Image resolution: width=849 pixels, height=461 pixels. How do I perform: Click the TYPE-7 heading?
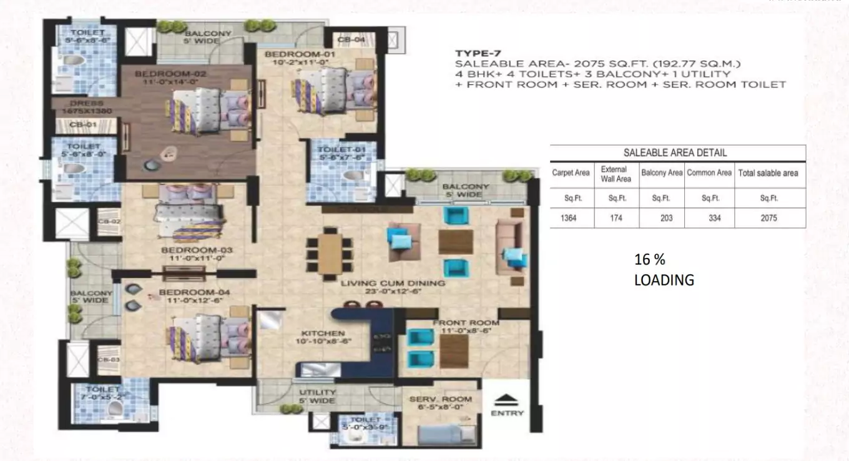[478, 54]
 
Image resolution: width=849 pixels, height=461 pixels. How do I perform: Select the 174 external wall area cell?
[616, 218]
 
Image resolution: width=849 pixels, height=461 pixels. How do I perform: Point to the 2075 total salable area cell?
[768, 218]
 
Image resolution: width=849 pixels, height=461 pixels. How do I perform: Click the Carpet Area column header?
[571, 173]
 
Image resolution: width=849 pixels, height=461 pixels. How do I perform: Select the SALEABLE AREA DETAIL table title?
[675, 152]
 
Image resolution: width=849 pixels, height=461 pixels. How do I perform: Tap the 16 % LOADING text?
[664, 270]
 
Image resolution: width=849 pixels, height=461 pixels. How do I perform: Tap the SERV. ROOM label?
[440, 399]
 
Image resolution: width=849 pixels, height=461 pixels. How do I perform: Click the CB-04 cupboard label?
[351, 39]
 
